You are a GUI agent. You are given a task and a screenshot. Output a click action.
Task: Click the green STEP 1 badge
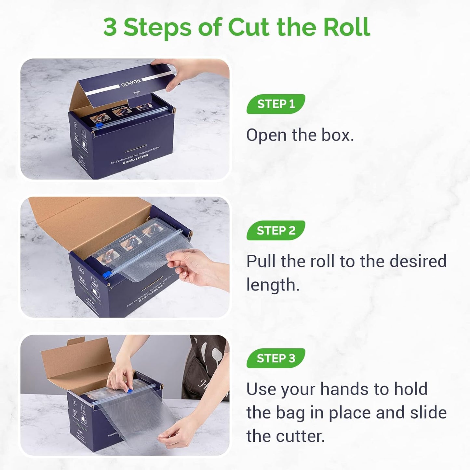[275, 104]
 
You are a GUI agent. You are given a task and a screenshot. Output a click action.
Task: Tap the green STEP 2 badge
[275, 230]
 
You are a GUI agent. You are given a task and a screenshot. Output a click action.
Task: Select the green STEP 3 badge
[275, 358]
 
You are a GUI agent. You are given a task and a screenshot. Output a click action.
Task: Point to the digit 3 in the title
[110, 27]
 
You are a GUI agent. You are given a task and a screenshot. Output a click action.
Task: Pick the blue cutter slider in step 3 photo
[129, 390]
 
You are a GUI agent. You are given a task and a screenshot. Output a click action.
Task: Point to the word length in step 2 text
[273, 285]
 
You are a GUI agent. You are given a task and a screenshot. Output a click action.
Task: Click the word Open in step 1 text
[266, 135]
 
